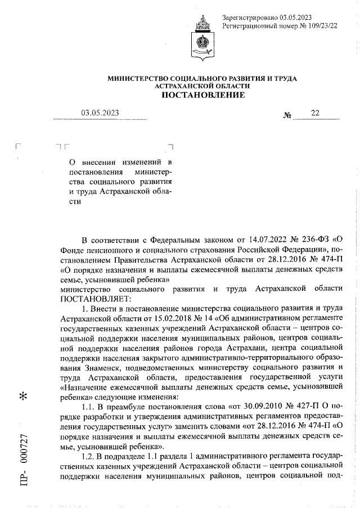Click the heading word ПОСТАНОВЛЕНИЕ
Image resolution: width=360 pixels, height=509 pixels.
pos(203,95)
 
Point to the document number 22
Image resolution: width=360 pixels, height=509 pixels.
pos(314,112)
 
